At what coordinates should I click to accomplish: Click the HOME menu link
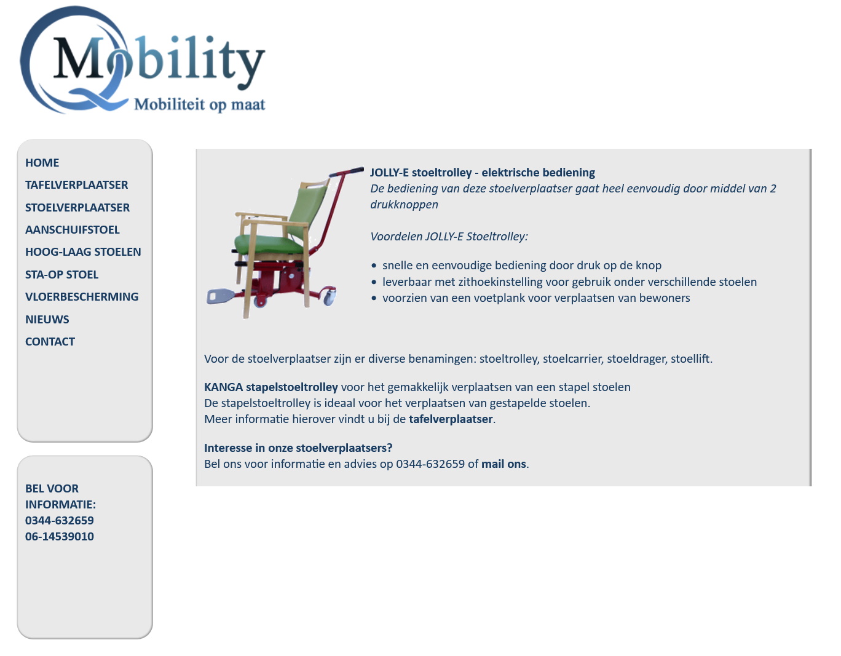[42, 163]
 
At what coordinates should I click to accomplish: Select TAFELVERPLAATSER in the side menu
[77, 185]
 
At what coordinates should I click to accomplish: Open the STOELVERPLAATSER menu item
[77, 208]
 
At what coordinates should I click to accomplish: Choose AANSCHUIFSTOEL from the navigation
[73, 230]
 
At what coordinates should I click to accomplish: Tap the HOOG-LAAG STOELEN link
[83, 252]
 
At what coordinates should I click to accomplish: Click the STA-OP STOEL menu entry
[61, 275]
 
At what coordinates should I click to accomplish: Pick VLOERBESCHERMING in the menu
[82, 297]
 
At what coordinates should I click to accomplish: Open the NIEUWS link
[47, 320]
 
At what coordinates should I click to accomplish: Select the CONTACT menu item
[50, 342]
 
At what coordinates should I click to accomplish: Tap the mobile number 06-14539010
[60, 537]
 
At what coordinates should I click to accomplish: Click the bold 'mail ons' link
[503, 464]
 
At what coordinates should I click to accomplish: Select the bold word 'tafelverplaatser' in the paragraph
[451, 419]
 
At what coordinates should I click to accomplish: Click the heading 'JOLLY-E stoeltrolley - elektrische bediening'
[482, 173]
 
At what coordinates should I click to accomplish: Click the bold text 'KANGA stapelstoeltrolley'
[271, 387]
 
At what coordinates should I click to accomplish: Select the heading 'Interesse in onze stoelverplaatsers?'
[298, 448]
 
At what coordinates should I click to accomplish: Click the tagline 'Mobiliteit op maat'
[200, 105]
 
